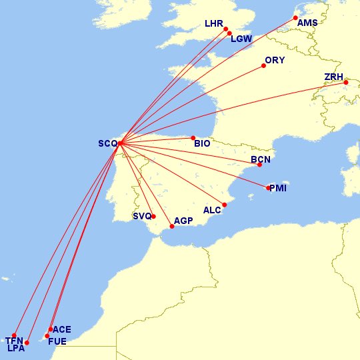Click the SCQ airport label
(107, 143)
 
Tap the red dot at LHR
(226, 29)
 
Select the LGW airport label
(241, 39)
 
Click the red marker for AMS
(295, 18)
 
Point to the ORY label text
(275, 61)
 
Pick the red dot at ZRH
(346, 82)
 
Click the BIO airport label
(202, 143)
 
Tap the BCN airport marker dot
(259, 165)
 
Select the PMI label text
(278, 189)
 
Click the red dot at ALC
(225, 205)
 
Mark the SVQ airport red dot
(153, 216)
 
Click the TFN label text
(14, 341)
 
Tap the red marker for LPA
(27, 343)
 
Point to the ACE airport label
(61, 329)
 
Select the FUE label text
(57, 341)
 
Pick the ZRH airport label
(333, 77)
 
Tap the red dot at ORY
(263, 66)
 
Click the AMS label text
(307, 23)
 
